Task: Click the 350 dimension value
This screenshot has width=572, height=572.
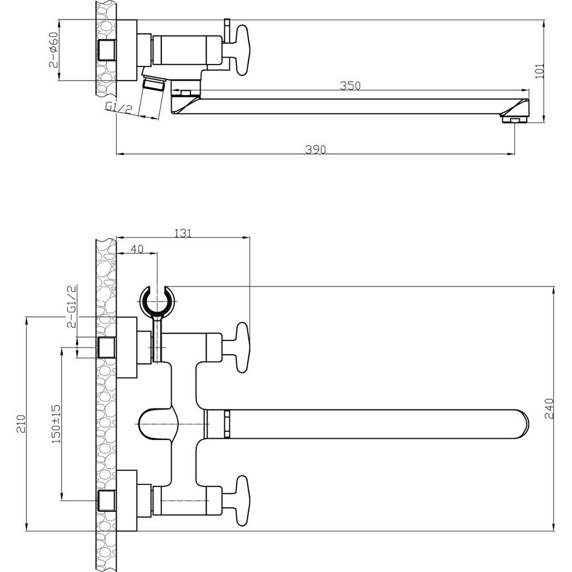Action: click(350, 86)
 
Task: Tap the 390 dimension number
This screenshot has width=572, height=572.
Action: click(316, 149)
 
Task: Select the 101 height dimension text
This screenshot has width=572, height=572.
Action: click(539, 71)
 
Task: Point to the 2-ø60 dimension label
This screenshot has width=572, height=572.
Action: click(53, 50)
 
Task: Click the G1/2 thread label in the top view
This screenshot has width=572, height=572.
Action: click(118, 108)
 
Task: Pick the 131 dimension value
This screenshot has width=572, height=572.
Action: click(183, 233)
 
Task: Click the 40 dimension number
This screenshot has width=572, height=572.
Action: click(137, 249)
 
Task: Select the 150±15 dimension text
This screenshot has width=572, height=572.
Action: click(56, 424)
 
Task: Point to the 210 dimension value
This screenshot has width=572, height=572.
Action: click(21, 423)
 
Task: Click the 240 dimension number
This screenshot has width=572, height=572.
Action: click(549, 408)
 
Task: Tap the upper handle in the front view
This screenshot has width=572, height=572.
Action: click(242, 348)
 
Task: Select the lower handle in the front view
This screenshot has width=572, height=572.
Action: click(242, 500)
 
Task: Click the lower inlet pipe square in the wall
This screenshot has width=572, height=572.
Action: click(107, 500)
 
